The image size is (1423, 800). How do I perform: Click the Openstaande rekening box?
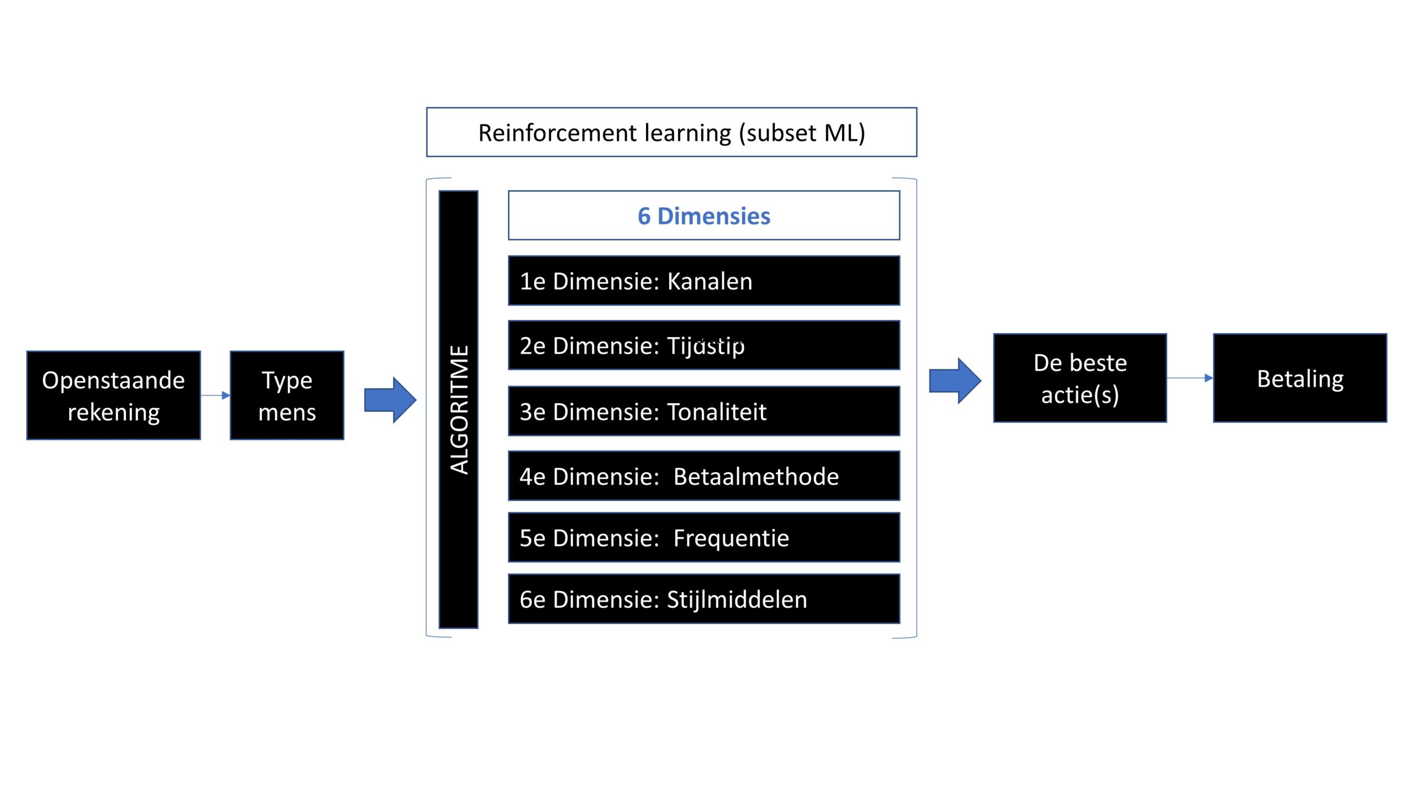pos(113,396)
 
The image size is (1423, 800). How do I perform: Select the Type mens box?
pos(287,396)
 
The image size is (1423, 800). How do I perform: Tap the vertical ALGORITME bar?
pos(459,409)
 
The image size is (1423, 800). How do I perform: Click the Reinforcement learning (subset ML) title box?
pos(671,132)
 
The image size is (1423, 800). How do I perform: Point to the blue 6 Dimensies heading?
pos(704,216)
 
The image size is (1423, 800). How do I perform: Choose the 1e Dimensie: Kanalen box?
pos(704,281)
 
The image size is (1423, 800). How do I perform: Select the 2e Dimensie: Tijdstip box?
pos(704,345)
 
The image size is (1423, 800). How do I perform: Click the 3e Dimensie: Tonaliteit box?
pos(704,411)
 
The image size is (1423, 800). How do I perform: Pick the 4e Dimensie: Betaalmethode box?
pos(704,476)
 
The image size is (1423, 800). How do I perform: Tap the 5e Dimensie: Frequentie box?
pos(704,537)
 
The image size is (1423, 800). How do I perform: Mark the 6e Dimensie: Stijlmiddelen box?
pos(704,599)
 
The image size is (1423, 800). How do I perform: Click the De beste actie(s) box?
pos(1079,378)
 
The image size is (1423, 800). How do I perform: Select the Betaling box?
pos(1300,378)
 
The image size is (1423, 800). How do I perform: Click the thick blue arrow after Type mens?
pos(390,400)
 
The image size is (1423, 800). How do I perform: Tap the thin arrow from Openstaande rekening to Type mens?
pos(215,396)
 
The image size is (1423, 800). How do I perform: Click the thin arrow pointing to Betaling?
pos(1190,378)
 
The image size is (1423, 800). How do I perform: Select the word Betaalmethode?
pos(756,477)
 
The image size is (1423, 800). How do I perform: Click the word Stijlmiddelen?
pos(737,599)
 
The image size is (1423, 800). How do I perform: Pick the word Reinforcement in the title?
pos(558,133)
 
